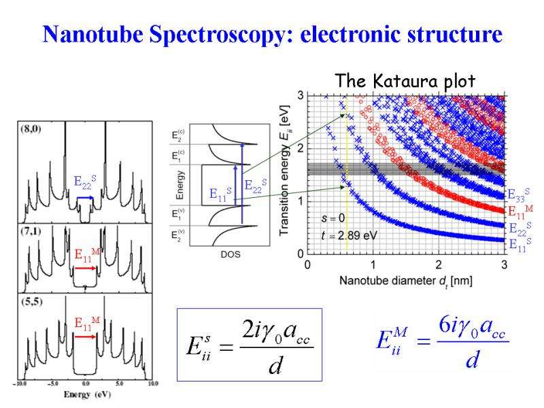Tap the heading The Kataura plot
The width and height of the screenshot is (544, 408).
[405, 81]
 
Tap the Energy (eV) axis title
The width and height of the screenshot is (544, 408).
[87, 394]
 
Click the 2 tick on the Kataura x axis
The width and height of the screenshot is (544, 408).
[439, 264]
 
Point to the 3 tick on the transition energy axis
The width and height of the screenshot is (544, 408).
[301, 95]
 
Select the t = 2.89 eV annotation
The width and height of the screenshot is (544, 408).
[350, 235]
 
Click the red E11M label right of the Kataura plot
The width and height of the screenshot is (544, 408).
[520, 211]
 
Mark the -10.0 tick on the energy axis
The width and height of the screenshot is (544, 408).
[22, 384]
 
